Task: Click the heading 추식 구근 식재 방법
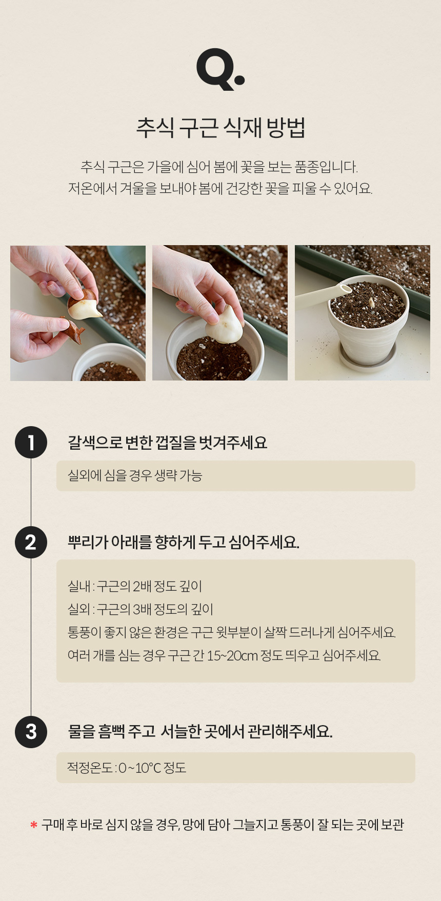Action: [221, 127]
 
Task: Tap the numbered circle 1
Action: [31, 442]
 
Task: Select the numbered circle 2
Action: [31, 542]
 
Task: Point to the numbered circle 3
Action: [31, 731]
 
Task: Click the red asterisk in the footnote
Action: [34, 825]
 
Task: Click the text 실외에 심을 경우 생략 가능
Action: [135, 475]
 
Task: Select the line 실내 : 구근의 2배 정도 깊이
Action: [135, 586]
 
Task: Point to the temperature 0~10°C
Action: [139, 768]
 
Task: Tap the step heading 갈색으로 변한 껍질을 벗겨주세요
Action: [168, 442]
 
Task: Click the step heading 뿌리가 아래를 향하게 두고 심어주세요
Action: [184, 542]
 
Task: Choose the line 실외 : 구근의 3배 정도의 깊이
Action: [141, 609]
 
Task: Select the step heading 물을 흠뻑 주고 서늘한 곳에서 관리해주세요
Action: [201, 731]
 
